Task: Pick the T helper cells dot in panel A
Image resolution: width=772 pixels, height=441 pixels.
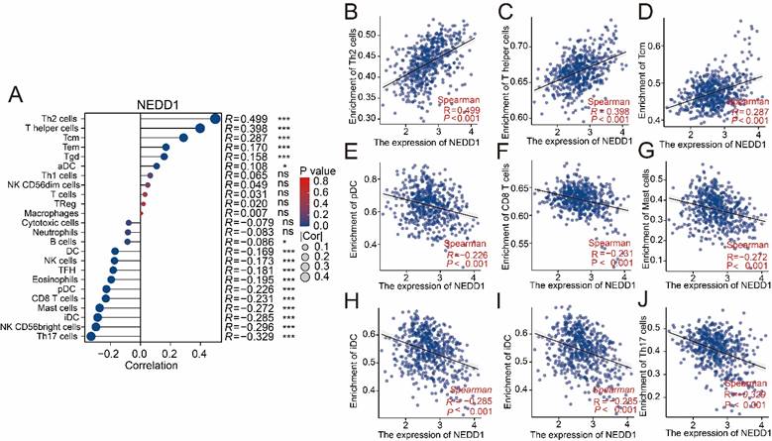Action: click(200, 129)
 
